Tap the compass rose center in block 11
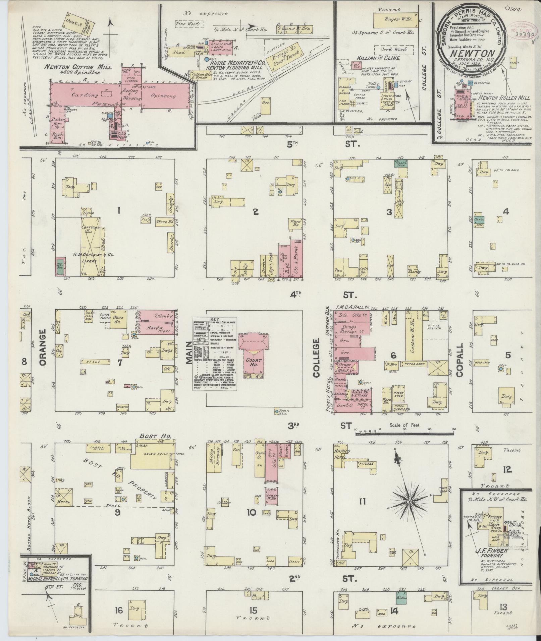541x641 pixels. [x=409, y=502]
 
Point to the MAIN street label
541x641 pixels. [x=189, y=353]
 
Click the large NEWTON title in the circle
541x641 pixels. [x=473, y=54]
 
